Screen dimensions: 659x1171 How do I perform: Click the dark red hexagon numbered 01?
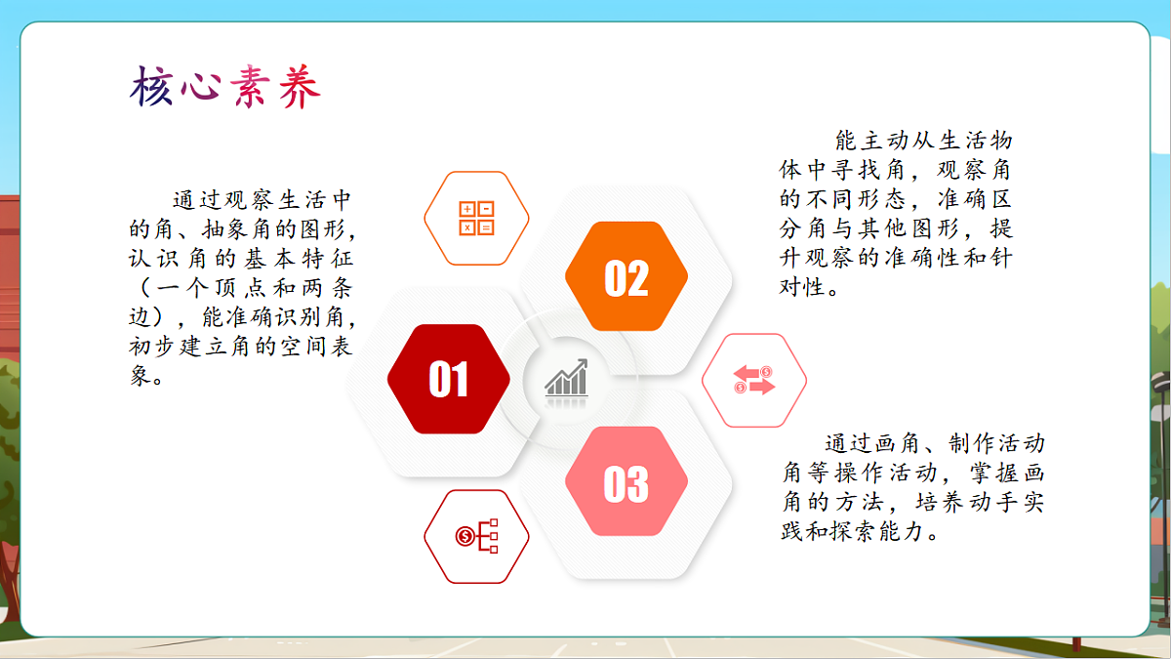coord(449,379)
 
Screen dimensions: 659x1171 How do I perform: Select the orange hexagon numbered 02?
coord(626,278)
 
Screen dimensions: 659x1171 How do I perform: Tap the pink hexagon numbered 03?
coord(626,482)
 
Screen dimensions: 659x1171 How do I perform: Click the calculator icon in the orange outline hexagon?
coord(476,218)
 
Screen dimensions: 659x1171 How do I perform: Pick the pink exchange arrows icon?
coord(754,380)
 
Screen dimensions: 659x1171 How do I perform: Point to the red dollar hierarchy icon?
coord(476,536)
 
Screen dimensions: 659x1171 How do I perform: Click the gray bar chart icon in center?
coord(567,378)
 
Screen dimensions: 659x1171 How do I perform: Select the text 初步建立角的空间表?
coord(241,348)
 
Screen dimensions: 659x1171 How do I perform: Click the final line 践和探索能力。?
coord(861,533)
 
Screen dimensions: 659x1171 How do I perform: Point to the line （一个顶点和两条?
coord(241,290)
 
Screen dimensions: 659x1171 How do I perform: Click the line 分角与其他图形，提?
coord(895,229)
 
